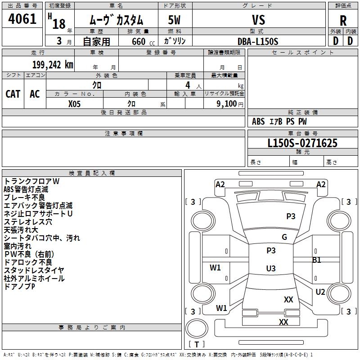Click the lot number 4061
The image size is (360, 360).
pyautogui.click(x=22, y=20)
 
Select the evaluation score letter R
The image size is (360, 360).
pyautogui.click(x=343, y=21)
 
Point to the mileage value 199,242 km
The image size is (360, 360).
pyautogui.click(x=53, y=64)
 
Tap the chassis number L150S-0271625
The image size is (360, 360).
pyautogui.click(x=302, y=144)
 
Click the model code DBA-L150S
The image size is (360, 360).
pyautogui.click(x=258, y=41)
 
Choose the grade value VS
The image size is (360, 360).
pyautogui.click(x=259, y=20)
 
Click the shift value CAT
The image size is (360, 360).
pyautogui.click(x=13, y=94)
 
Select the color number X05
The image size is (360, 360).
pyautogui.click(x=75, y=103)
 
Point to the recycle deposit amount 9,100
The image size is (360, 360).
pyautogui.click(x=227, y=103)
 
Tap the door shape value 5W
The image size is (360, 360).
pyautogui.click(x=175, y=20)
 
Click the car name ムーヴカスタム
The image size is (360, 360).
pyautogui.click(x=117, y=20)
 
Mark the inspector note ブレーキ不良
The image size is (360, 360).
pyautogui.click(x=24, y=198)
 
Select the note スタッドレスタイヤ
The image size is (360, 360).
pyautogui.click(x=34, y=270)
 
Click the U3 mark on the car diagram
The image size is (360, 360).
pyautogui.click(x=270, y=269)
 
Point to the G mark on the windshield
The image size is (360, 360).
pyautogui.click(x=284, y=237)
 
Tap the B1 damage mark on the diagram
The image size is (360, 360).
pyautogui.click(x=317, y=260)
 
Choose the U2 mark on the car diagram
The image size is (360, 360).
pyautogui.click(x=320, y=292)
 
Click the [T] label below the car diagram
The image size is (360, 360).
pyautogui.click(x=196, y=344)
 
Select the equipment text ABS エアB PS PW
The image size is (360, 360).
pyautogui.click(x=279, y=121)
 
